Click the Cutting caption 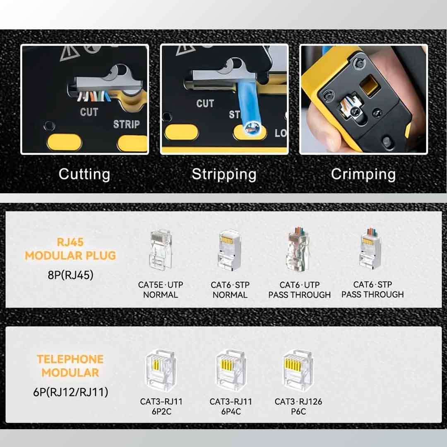84,174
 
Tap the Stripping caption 224,174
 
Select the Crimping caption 363,174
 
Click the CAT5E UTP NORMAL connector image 160,250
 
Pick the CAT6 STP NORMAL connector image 230,250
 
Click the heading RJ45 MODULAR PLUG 70,249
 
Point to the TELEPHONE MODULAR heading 70,366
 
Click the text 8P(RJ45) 70,275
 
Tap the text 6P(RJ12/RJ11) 70,392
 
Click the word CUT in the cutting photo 89,112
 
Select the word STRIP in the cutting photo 127,124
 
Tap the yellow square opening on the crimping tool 370,85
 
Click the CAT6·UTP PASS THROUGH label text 299,290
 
